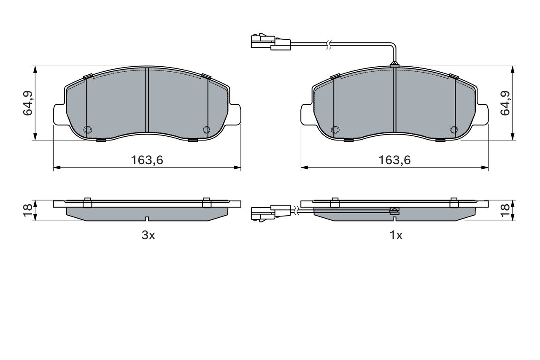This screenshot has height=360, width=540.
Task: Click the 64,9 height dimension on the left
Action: [28, 103]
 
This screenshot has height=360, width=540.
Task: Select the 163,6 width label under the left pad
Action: [147, 160]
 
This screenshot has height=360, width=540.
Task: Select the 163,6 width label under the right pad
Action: [394, 160]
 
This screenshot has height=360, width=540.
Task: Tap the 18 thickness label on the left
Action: [27, 210]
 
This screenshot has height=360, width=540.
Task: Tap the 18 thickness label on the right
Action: [505, 210]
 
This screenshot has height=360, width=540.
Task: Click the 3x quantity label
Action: [148, 235]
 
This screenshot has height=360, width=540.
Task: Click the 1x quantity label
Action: [395, 235]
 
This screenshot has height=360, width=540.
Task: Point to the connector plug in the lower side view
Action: [270, 213]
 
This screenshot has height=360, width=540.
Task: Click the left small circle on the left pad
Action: [88, 130]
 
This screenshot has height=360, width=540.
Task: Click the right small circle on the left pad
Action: [206, 130]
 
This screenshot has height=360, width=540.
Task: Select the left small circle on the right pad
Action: [335, 130]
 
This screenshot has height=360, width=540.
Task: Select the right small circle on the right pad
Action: [454, 130]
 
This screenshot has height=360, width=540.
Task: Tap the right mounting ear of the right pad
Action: [483, 114]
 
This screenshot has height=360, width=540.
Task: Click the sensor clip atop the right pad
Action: [394, 65]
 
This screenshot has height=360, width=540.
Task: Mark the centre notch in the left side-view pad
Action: [146, 219]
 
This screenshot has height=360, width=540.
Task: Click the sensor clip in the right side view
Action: [394, 211]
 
